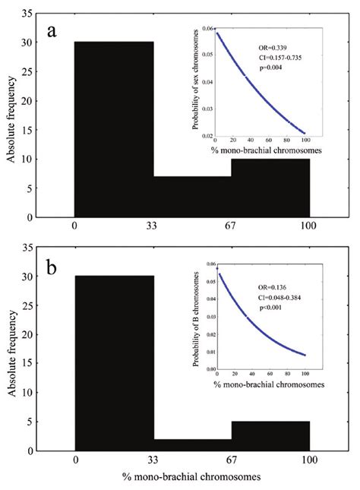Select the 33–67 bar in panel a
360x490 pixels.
(x=192, y=197)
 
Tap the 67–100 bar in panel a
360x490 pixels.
(x=270, y=188)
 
